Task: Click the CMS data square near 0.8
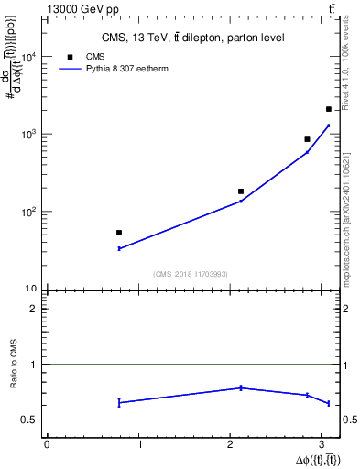pyautogui.click(x=119, y=233)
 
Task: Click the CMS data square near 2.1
pyautogui.click(x=241, y=191)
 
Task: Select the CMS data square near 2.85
pyautogui.click(x=308, y=139)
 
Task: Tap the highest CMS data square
pyautogui.click(x=329, y=109)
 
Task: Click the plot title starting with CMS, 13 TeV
pyautogui.click(x=191, y=38)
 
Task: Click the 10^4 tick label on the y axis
pyautogui.click(x=29, y=57)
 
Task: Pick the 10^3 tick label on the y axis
pyautogui.click(x=29, y=135)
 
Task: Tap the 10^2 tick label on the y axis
pyautogui.click(x=29, y=212)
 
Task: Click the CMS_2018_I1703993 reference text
pyautogui.click(x=190, y=274)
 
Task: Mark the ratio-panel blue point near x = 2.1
pyautogui.click(x=241, y=387)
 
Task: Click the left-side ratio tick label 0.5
pyautogui.click(x=30, y=420)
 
